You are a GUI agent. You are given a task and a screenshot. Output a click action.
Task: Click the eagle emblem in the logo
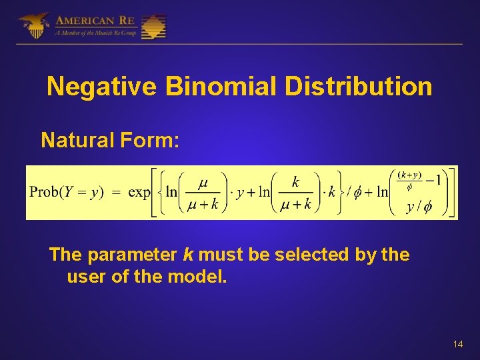click(33, 25)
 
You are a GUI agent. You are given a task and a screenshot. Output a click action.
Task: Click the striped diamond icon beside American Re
click(153, 27)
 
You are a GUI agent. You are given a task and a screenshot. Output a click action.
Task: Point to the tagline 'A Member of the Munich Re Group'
click(95, 33)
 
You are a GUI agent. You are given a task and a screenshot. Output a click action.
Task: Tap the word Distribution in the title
click(361, 87)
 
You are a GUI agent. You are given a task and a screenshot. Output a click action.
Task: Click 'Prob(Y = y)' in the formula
click(66, 192)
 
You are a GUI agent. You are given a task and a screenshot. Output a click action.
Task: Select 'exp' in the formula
click(139, 192)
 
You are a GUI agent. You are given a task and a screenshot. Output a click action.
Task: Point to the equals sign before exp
click(115, 192)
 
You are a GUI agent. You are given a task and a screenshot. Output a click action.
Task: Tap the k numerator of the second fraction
click(295, 181)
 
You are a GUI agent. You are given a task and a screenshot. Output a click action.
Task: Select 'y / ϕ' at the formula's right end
click(419, 207)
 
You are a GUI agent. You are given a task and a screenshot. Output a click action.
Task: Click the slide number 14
click(457, 344)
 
